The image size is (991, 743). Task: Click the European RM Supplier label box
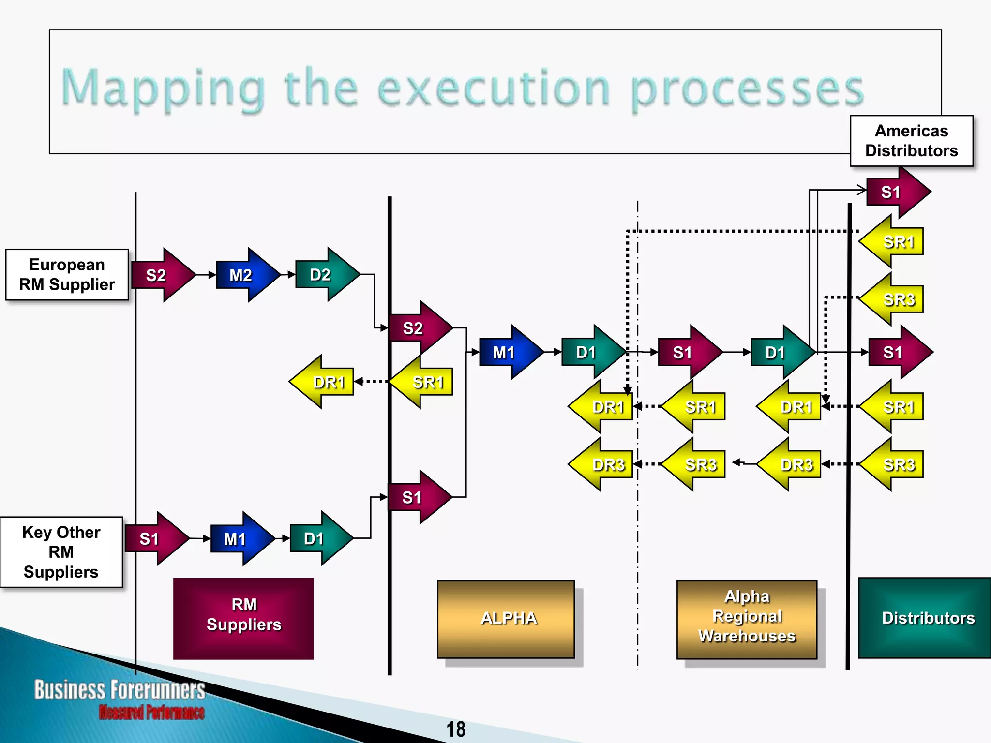coord(67,275)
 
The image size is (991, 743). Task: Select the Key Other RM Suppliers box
coord(61,552)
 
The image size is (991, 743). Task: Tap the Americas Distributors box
coord(911,141)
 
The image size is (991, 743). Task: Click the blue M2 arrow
coord(245,275)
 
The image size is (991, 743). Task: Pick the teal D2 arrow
coord(324,274)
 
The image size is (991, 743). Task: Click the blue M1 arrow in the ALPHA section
coord(508,352)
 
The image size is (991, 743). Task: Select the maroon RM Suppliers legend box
coord(243,618)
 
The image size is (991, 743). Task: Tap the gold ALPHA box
coord(506,619)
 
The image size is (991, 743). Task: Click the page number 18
coord(455,729)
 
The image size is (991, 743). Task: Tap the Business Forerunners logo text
coord(120,690)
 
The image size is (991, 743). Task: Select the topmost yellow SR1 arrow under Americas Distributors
coord(894,241)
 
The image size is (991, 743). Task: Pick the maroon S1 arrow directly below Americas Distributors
coord(896,192)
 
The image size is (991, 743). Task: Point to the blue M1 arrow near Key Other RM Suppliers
coord(239,538)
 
